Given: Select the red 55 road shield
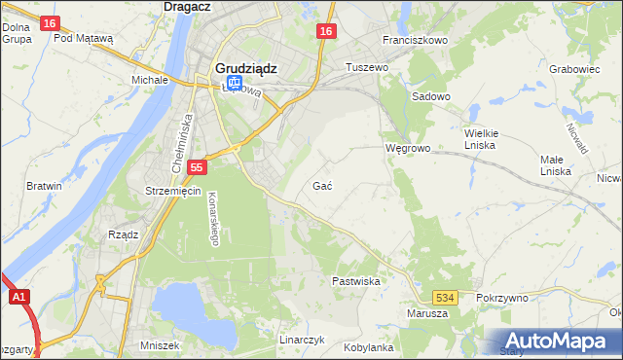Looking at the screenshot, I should coord(197,167).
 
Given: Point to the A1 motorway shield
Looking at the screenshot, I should coord(18,299).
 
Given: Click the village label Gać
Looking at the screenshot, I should coord(324,185).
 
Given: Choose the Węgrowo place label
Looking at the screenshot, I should coord(406,149).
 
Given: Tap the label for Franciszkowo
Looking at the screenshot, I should coord(415,41).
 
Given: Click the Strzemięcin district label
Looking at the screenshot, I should coord(172,191).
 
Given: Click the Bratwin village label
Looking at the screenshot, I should coord(44,186).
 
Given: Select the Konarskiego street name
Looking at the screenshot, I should coord(212,215).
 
